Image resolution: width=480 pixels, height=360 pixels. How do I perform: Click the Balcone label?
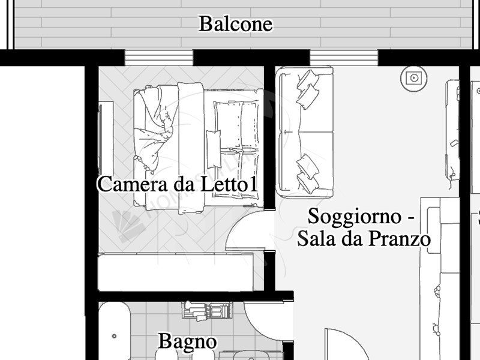(x=235, y=24)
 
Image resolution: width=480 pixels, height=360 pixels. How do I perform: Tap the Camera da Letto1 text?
(x=178, y=184)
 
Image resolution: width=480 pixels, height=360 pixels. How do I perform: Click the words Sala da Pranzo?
(x=364, y=239)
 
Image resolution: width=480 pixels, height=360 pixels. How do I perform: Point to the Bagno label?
(x=187, y=342)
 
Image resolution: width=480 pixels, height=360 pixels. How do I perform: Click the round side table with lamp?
(x=412, y=77)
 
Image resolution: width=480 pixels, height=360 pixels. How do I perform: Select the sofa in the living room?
(x=304, y=132)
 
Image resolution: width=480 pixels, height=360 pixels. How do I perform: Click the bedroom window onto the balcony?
(x=158, y=58)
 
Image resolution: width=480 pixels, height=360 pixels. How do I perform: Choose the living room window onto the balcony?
(x=344, y=58)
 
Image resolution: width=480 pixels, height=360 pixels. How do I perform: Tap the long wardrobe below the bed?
(x=175, y=272)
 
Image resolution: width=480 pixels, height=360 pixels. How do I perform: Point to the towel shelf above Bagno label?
(x=207, y=311)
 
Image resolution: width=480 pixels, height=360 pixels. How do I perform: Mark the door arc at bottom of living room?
(x=342, y=345)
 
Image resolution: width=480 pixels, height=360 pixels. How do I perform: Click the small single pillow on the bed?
(x=213, y=149)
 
